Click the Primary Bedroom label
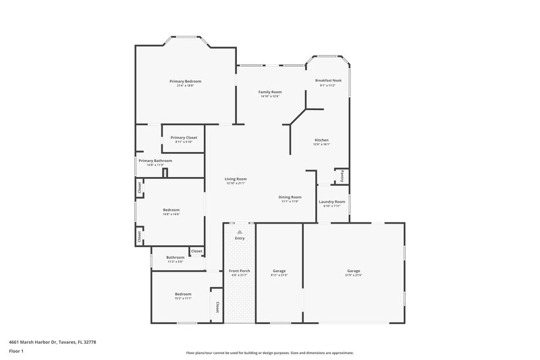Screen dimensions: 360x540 185,81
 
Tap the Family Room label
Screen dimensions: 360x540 270,92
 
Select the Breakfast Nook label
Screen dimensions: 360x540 329,80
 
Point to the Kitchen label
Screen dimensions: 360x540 321,140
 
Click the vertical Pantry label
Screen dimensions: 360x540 342,175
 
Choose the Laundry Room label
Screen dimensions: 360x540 332,201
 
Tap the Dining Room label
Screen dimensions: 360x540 290,197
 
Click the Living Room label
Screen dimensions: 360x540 236,179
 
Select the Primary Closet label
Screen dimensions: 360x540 184,137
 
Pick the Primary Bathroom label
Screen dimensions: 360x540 155,161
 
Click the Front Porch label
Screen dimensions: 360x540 240,271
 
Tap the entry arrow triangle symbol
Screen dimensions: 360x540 240,232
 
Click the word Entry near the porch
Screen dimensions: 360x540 240,238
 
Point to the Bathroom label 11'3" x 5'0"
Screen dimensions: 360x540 175,257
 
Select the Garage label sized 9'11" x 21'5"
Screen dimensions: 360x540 279,271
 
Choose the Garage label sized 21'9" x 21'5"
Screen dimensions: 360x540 354,271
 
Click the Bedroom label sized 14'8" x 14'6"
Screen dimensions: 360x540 171,210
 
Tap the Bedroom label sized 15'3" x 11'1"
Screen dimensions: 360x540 183,294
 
